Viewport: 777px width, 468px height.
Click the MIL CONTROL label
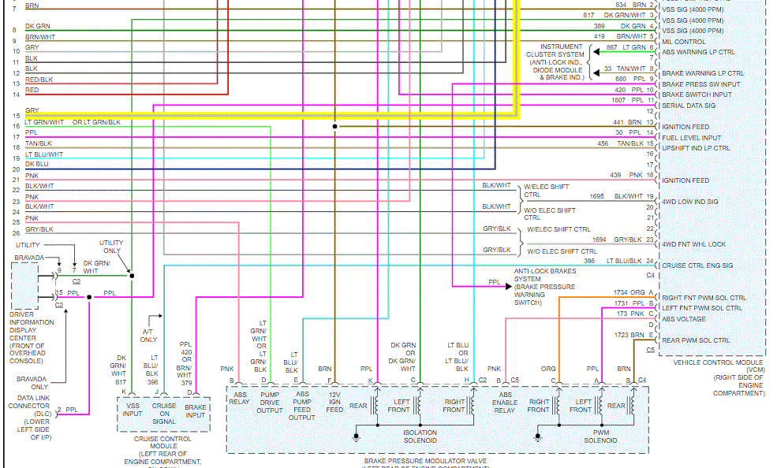pyautogui.click(x=683, y=42)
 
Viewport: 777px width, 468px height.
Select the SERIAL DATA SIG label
pyautogui.click(x=688, y=106)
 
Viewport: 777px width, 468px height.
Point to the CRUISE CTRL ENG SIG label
pyautogui.click(x=697, y=266)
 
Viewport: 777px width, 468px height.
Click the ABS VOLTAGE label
pyautogui.click(x=683, y=319)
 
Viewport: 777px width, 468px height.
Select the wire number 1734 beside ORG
pyautogui.click(x=620, y=293)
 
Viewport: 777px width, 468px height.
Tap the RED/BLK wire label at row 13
pyautogui.click(x=39, y=80)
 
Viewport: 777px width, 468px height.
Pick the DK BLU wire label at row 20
pyautogui.click(x=37, y=164)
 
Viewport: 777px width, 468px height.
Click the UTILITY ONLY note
pyautogui.click(x=111, y=247)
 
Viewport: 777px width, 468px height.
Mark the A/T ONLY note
pyautogui.click(x=148, y=336)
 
